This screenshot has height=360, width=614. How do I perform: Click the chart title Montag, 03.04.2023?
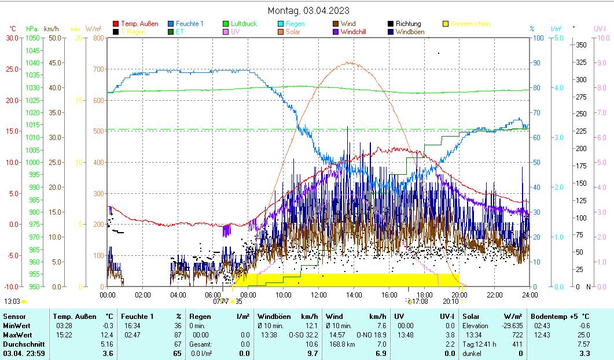pos(308,10)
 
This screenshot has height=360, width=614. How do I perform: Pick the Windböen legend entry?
pos(410,32)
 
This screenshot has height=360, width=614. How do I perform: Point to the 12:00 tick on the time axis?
pos(319,295)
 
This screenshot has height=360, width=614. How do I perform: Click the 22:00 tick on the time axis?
pos(495,295)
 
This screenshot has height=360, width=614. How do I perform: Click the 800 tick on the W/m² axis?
pos(98,38)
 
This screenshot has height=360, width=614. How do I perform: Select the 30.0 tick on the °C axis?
pos(12,38)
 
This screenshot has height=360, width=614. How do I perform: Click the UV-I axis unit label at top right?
pos(600,28)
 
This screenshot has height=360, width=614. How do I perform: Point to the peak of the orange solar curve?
pos(350,63)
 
